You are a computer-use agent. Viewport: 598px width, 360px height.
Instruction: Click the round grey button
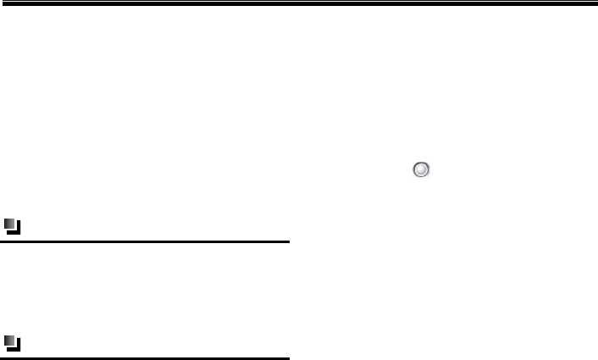pos(421,170)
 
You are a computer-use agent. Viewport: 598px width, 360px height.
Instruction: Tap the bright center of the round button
pos(421,170)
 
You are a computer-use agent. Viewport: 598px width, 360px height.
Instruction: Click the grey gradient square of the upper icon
pos(9,224)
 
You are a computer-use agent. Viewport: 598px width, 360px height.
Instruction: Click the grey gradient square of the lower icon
pos(9,341)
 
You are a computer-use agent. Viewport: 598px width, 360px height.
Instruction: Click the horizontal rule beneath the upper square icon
pos(145,241)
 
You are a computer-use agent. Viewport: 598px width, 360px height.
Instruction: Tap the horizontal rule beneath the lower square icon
pos(145,358)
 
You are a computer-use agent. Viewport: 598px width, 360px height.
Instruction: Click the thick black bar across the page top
pos(299,3)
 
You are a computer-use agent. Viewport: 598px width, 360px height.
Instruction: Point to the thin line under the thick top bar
pos(299,8)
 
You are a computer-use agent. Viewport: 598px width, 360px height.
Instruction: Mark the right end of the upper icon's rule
pos(288,241)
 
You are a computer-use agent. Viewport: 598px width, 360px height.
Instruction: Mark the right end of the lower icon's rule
pos(288,358)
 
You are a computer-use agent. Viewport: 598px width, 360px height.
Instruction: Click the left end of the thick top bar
pos(3,3)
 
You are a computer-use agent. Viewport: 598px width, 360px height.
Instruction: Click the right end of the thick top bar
pos(595,3)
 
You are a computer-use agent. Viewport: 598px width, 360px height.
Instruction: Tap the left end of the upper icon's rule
pos(2,241)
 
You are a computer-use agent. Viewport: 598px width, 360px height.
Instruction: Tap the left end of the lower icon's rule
pos(2,358)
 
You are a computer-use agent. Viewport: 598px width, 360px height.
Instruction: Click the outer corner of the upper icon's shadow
pos(19,232)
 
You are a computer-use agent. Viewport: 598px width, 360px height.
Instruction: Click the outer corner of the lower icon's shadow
pos(19,349)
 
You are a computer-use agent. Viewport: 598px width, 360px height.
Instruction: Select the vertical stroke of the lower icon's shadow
pos(19,345)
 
